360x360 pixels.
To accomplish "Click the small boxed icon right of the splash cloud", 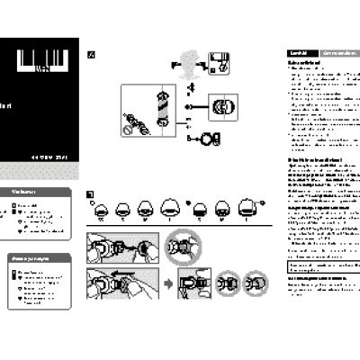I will pos(220,62).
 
